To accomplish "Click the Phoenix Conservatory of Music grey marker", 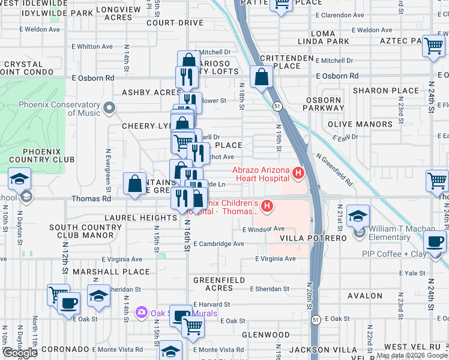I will tap(109, 108).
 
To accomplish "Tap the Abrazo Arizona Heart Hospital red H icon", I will tap(298, 174).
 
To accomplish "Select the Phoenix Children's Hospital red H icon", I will tap(267, 207).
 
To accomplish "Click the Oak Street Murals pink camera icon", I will tap(142, 312).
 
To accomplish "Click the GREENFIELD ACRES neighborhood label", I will tap(221, 284).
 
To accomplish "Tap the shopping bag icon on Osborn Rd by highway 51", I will tap(262, 77).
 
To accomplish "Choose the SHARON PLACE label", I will tap(386, 91).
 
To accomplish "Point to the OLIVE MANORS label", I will tap(360, 124).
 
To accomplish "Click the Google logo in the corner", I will tap(20, 353).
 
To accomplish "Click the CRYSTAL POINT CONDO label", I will tap(24, 68).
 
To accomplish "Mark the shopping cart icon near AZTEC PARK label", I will tap(433, 46).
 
